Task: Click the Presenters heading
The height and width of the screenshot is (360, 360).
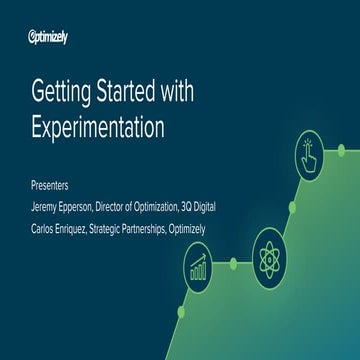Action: click(50, 185)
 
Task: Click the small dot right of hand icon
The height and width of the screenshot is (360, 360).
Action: click(341, 150)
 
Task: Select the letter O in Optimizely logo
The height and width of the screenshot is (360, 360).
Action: click(33, 38)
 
